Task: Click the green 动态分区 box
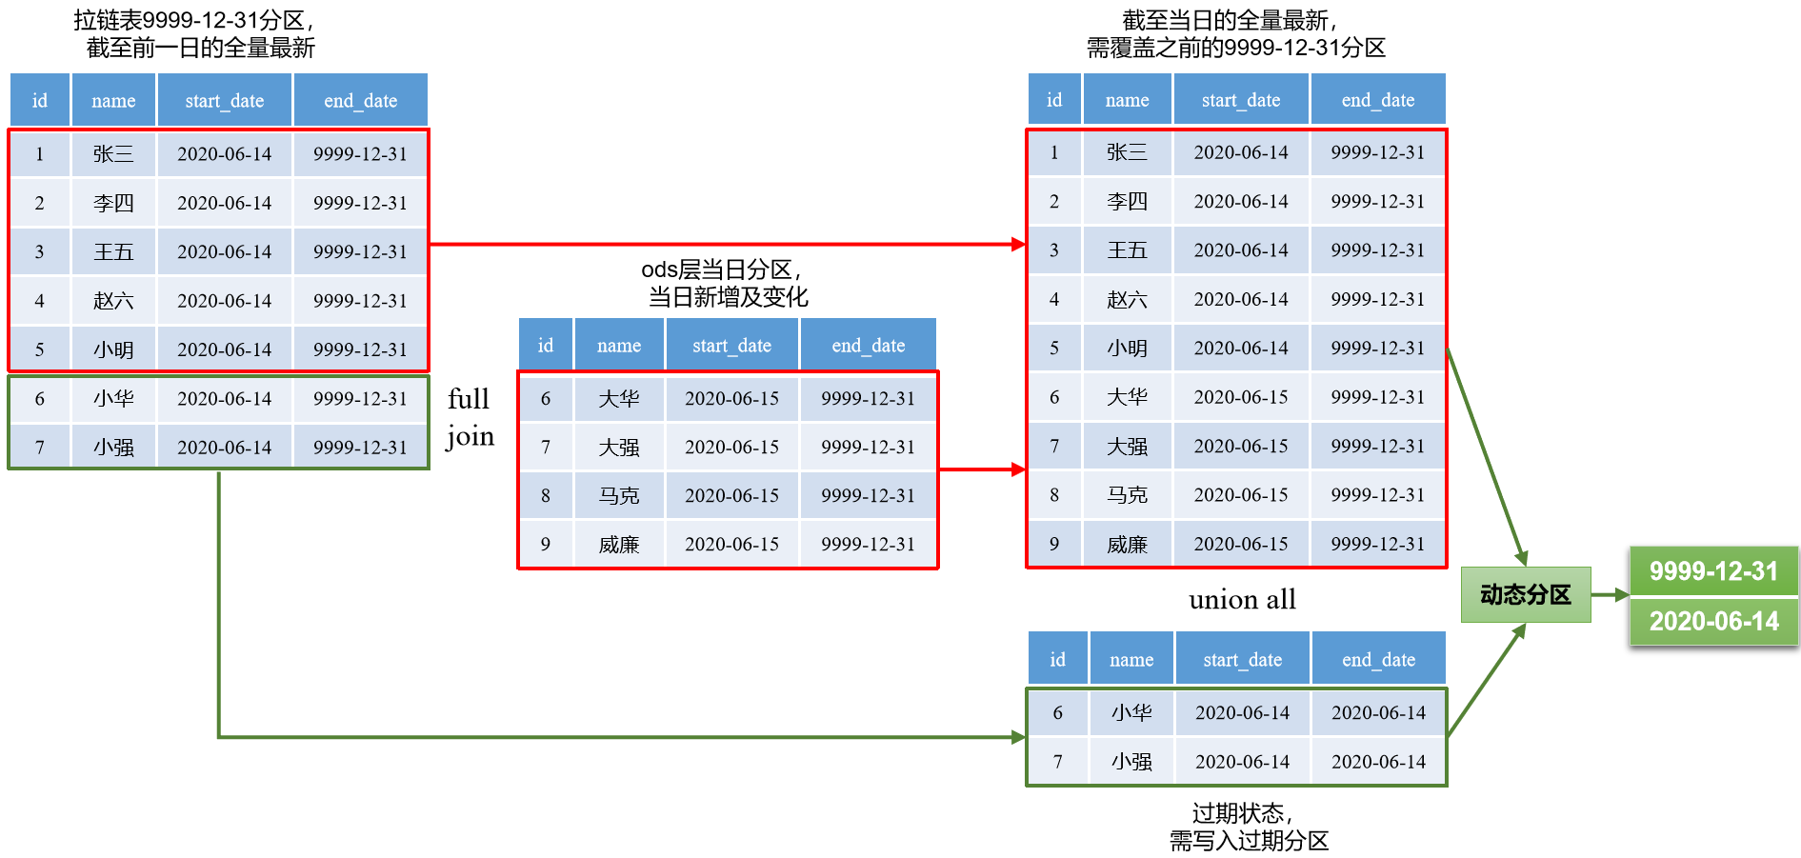point(1525,594)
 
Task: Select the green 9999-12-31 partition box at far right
point(1713,570)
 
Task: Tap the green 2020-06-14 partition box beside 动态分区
point(1713,621)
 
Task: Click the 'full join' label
point(470,417)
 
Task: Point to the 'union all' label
point(1242,600)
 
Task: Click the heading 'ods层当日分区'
point(721,270)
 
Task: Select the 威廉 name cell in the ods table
point(619,544)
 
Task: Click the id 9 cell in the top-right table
point(1054,544)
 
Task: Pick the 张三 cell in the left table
point(113,153)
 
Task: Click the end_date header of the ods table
point(868,346)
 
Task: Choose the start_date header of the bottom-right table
point(1242,660)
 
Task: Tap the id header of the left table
point(40,101)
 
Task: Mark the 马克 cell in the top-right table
point(1127,494)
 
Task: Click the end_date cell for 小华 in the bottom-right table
point(1378,712)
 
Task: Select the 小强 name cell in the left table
point(113,447)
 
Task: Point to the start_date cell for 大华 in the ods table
point(731,398)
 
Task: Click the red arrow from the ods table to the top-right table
point(981,469)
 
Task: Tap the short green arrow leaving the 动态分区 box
point(1609,595)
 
